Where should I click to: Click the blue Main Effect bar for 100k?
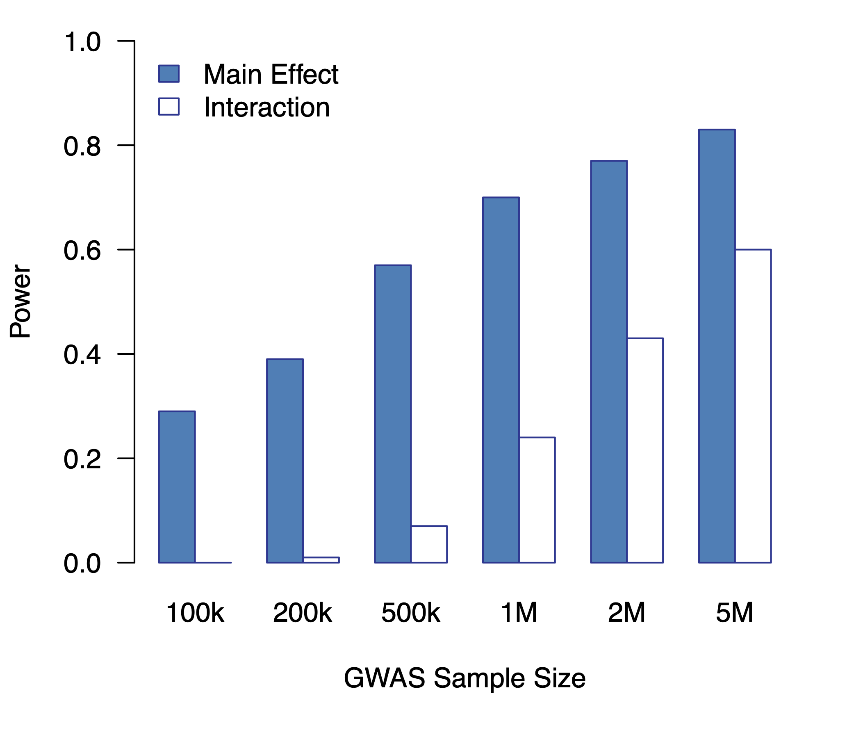pyautogui.click(x=177, y=487)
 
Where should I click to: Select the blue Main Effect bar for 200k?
pyautogui.click(x=285, y=461)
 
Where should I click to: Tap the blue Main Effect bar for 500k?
pyautogui.click(x=393, y=414)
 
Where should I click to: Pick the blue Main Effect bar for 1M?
pyautogui.click(x=501, y=380)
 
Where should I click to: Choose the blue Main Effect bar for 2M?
pyautogui.click(x=608, y=362)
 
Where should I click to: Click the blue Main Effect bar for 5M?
pyautogui.click(x=717, y=346)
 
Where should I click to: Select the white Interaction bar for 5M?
pyautogui.click(x=753, y=406)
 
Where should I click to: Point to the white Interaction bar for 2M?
pyautogui.click(x=645, y=450)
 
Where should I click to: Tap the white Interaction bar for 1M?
pyautogui.click(x=537, y=500)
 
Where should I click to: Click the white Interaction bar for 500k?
pyautogui.click(x=429, y=544)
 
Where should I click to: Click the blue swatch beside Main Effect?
pyautogui.click(x=169, y=74)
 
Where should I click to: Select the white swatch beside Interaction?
pyautogui.click(x=169, y=106)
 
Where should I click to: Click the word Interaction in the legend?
pyautogui.click(x=267, y=107)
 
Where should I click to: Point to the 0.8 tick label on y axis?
pyautogui.click(x=82, y=146)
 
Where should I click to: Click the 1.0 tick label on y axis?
pyautogui.click(x=82, y=42)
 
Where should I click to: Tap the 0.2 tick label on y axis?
pyautogui.click(x=82, y=459)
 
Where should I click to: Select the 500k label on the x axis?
pyautogui.click(x=410, y=613)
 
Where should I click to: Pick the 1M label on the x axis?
pyautogui.click(x=519, y=613)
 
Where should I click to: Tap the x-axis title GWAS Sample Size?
pyautogui.click(x=464, y=678)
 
